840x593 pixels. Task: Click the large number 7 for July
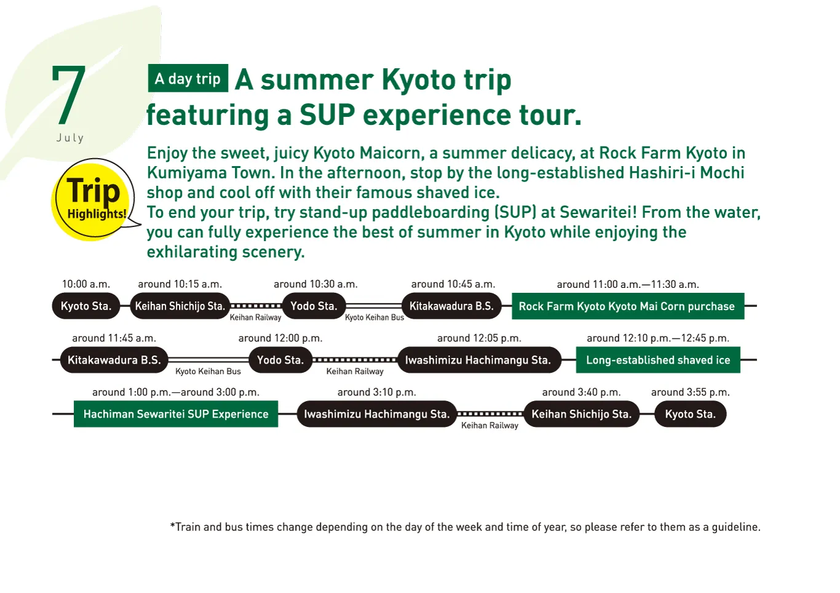click(x=69, y=95)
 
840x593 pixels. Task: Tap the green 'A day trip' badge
click(x=188, y=78)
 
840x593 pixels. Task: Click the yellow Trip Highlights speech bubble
click(x=93, y=199)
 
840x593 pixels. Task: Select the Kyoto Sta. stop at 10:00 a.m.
click(x=86, y=306)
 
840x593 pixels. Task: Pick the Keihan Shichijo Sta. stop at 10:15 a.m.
click(x=180, y=306)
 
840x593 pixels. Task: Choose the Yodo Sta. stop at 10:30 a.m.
click(x=314, y=306)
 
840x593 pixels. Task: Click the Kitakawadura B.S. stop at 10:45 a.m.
click(x=451, y=306)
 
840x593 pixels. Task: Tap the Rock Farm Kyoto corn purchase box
click(x=628, y=306)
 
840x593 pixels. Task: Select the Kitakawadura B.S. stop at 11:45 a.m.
click(x=114, y=360)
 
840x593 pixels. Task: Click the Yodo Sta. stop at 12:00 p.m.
click(x=280, y=360)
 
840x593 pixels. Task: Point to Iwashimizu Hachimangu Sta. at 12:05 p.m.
click(x=479, y=360)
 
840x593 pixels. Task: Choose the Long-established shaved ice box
click(x=658, y=360)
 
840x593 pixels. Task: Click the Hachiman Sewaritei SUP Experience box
click(x=176, y=414)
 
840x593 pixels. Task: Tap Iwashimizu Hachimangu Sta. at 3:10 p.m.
click(x=377, y=414)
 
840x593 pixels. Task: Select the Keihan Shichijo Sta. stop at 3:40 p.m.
click(x=582, y=414)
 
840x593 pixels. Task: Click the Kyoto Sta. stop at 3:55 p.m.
click(x=691, y=414)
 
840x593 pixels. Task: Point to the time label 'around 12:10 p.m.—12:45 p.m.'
click(x=658, y=338)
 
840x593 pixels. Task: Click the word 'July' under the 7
click(x=70, y=138)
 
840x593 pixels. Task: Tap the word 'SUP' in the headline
click(x=327, y=114)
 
